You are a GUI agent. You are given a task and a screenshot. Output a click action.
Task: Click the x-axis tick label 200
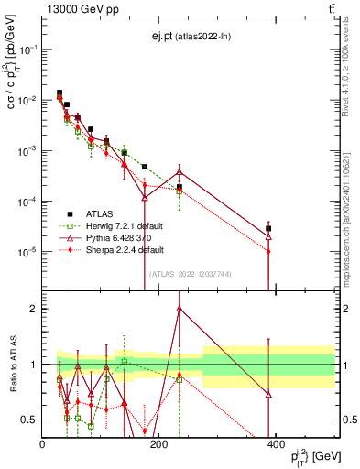tap(159, 445)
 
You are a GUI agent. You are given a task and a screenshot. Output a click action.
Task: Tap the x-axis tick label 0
tap(42, 445)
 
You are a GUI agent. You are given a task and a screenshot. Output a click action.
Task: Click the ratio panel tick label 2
tap(33, 309)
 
